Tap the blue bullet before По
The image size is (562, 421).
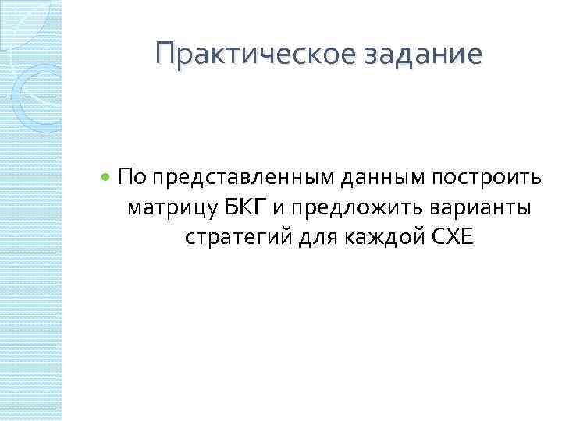click(x=106, y=179)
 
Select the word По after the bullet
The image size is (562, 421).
click(x=131, y=179)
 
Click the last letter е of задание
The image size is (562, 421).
click(x=475, y=56)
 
